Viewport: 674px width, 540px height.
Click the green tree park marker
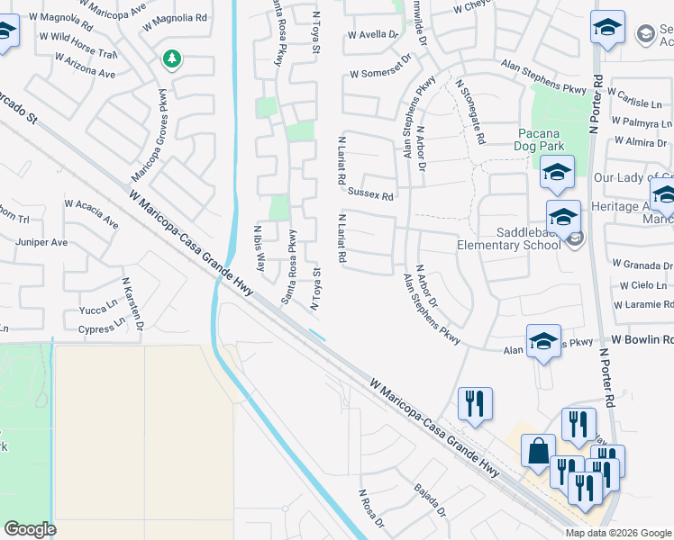(171, 59)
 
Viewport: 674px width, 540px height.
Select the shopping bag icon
(538, 450)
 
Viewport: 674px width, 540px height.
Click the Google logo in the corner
(30, 529)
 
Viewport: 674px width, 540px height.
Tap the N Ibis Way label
(260, 249)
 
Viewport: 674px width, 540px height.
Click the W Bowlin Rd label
(642, 340)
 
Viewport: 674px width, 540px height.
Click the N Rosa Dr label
(371, 509)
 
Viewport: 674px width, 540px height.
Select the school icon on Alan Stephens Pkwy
(543, 342)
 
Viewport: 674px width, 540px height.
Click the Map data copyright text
(618, 533)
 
